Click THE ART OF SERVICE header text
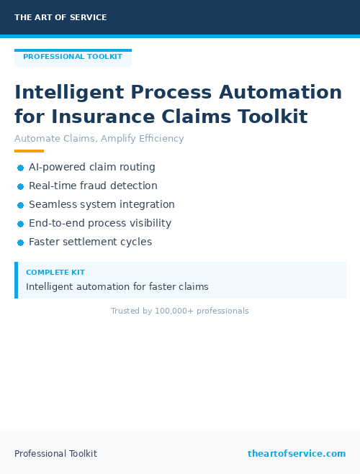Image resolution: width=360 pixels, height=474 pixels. pyautogui.click(x=60, y=17)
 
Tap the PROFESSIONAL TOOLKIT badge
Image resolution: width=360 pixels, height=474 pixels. pyautogui.click(x=73, y=57)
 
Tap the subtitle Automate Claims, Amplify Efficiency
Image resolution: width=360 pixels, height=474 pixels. pyautogui.click(x=99, y=139)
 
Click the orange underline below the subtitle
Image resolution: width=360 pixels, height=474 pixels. pyautogui.click(x=29, y=151)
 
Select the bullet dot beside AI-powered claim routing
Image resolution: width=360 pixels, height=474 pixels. pyautogui.click(x=20, y=168)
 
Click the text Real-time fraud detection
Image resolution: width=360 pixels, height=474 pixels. pyautogui.click(x=93, y=186)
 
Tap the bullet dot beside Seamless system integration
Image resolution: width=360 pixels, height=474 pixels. pyautogui.click(x=20, y=205)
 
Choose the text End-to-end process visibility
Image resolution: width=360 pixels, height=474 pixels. pyautogui.click(x=100, y=223)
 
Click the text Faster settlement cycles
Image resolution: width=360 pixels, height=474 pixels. pyautogui.click(x=90, y=242)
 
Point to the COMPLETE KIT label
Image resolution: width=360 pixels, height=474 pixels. pyautogui.click(x=55, y=273)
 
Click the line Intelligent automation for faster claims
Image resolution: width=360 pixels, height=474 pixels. pyautogui.click(x=117, y=286)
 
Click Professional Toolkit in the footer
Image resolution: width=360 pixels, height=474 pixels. pyautogui.click(x=55, y=454)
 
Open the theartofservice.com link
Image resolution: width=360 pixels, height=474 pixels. pyautogui.click(x=297, y=454)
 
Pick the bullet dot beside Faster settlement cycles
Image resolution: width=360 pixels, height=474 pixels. pyautogui.click(x=20, y=242)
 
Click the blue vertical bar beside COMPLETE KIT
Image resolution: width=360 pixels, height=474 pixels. pyautogui.click(x=16, y=280)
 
